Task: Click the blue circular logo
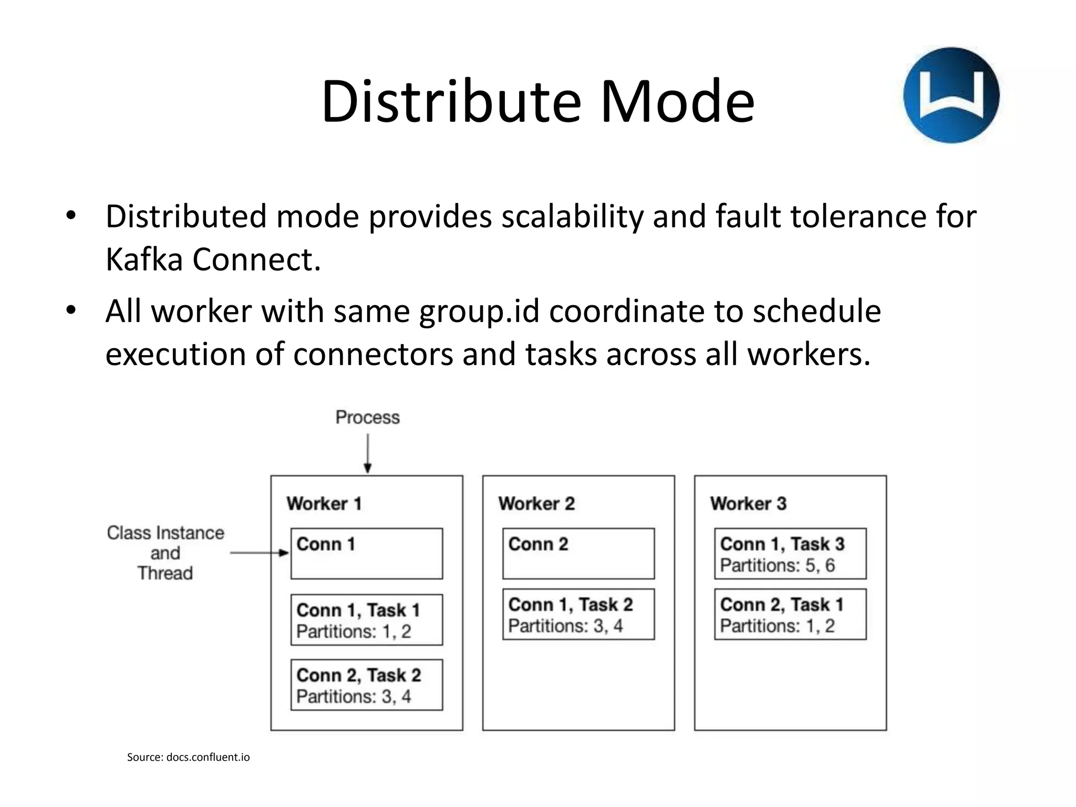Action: point(951,95)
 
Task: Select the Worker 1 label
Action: point(324,503)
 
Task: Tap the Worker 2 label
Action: point(536,503)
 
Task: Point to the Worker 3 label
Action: point(748,503)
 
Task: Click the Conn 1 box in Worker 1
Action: point(367,553)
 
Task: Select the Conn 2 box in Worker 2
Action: point(578,553)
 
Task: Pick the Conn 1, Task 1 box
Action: point(367,620)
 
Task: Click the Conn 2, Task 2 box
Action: point(367,685)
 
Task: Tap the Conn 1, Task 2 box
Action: point(578,614)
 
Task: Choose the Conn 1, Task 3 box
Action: point(790,553)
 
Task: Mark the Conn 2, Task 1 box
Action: point(790,614)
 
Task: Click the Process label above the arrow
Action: point(368,418)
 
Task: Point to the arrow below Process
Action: point(368,453)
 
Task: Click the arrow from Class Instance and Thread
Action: point(260,553)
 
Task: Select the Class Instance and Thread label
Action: point(165,553)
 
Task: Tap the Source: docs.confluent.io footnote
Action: point(188,757)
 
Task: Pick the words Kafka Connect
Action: point(213,260)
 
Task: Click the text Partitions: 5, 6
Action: point(777,565)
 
